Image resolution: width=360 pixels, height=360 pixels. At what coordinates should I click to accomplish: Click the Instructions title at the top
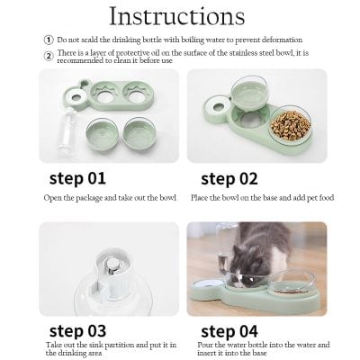tap(176, 17)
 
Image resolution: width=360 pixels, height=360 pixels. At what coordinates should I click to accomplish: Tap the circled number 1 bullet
tap(49, 40)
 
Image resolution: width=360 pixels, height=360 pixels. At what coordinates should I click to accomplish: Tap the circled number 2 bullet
tap(49, 55)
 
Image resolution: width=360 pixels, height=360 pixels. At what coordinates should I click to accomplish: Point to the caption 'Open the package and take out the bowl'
tap(109, 196)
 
